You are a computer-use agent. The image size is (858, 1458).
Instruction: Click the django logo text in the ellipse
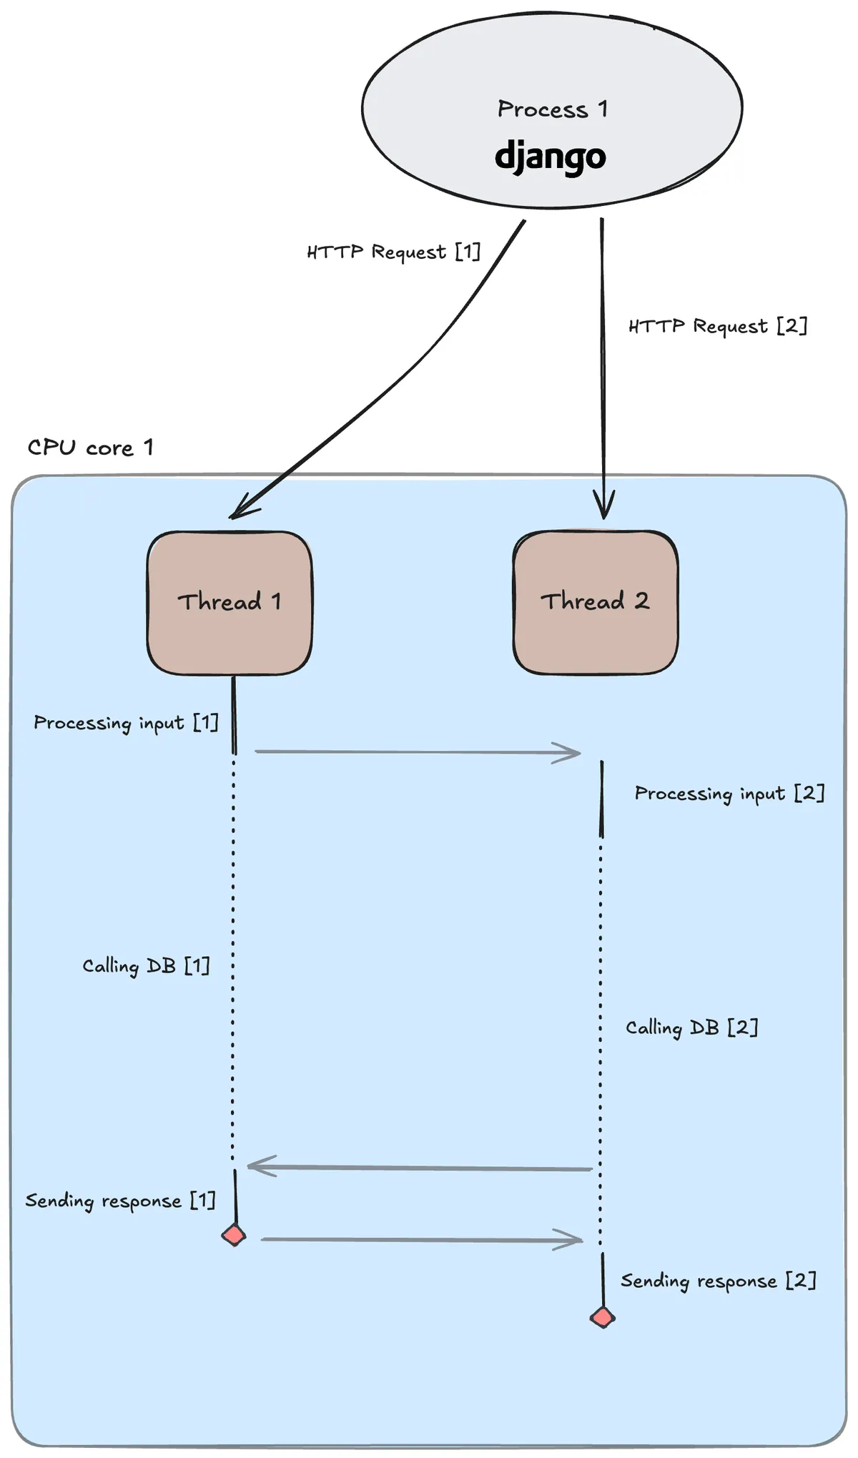pos(550,155)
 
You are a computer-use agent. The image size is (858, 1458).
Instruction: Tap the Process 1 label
pos(552,109)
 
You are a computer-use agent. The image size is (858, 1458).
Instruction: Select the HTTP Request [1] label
pos(393,252)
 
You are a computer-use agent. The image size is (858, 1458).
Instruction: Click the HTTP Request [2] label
pos(717,326)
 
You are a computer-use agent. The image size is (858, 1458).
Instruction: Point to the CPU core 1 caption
pos(90,448)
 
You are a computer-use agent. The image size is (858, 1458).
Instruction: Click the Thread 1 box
pos(230,602)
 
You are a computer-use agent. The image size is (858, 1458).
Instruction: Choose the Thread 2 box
pos(595,601)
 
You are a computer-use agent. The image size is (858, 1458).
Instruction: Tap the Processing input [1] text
pos(126,723)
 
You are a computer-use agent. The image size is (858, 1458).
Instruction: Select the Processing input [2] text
pos(729,793)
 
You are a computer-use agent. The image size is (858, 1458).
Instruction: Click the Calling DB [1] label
pos(146,966)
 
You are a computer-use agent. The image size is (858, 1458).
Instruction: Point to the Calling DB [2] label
pos(691,1028)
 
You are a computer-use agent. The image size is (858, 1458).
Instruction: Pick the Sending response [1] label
pos(120,1201)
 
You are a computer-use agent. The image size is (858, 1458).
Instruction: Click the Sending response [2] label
pos(718,1281)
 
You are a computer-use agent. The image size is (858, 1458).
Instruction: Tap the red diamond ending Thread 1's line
pos(234,1235)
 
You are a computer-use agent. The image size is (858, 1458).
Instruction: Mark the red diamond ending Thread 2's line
pos(603,1317)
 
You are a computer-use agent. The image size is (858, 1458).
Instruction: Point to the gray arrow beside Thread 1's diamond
pos(422,1239)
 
